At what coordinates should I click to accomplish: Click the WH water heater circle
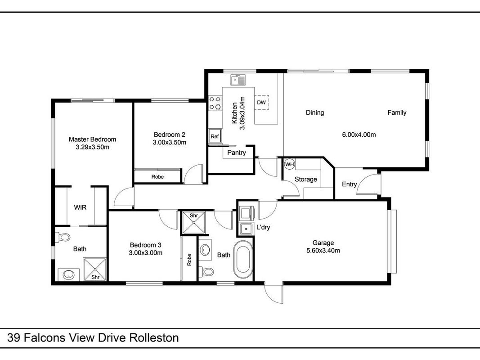(289, 164)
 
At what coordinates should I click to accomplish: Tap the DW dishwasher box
(261, 102)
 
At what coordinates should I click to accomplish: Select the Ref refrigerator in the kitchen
(215, 136)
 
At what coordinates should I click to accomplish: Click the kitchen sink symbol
(238, 80)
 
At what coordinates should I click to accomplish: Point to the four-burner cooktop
(215, 103)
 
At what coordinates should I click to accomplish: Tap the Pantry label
(236, 153)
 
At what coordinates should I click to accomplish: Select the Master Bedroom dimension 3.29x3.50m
(93, 147)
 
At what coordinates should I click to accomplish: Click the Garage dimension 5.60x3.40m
(323, 251)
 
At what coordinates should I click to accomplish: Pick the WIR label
(80, 207)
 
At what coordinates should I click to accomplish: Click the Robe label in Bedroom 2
(157, 177)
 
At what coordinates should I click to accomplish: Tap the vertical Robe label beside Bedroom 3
(189, 260)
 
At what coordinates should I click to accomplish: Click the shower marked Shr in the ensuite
(95, 270)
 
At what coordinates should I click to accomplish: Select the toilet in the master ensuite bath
(63, 237)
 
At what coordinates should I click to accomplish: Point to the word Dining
(315, 112)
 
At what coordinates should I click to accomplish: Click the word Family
(397, 112)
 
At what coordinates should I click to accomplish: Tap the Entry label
(349, 184)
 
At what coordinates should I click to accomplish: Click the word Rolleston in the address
(154, 338)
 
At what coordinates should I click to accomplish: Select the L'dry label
(263, 227)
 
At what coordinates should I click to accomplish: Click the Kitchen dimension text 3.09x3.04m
(242, 113)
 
